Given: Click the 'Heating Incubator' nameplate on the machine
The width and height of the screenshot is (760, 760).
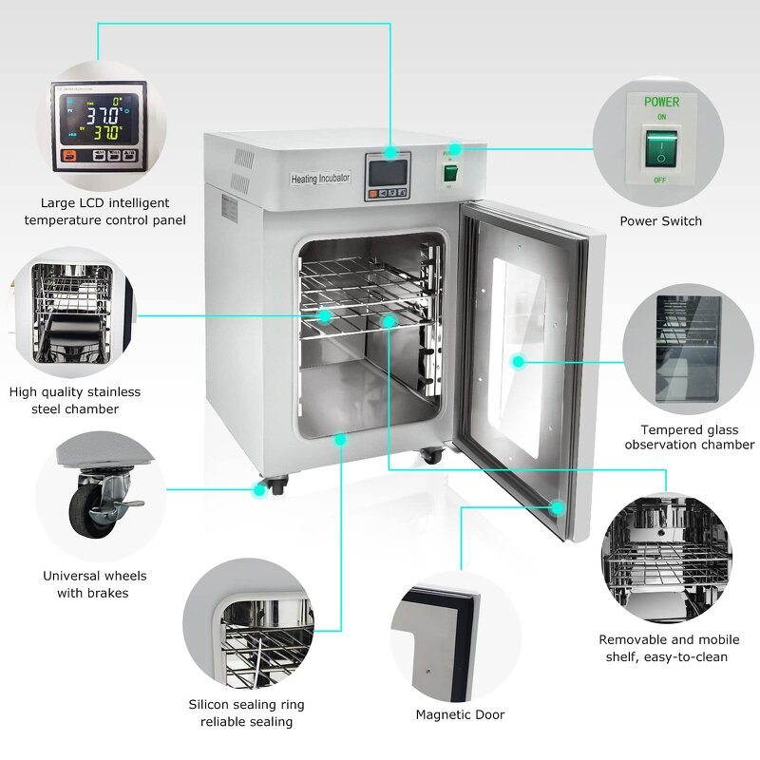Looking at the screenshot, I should pos(320,179).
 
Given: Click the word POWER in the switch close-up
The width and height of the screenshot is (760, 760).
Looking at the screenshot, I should pos(661,102).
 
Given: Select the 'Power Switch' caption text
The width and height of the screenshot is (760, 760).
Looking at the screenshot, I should pos(661,221).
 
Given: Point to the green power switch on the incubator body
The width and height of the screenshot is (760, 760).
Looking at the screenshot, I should pos(451,173).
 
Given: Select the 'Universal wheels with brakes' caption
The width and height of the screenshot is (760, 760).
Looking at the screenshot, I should pos(95,584).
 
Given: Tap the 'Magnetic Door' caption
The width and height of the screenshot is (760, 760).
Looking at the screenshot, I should pos(460,714).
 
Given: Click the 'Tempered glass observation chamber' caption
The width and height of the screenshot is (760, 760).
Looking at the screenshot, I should pos(690,437).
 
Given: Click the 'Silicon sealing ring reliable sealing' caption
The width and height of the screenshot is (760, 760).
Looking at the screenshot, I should pos(246,712).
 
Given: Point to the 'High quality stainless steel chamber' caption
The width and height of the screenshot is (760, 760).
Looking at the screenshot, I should pos(75,400).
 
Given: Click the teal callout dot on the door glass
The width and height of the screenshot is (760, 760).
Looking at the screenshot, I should pos(518,361).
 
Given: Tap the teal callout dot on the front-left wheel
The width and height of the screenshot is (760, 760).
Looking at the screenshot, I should pos(258,490).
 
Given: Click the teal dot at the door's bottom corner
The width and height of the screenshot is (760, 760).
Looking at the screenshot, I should pos(560,507).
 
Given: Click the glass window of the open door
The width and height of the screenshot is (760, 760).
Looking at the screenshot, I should pos(521,351).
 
